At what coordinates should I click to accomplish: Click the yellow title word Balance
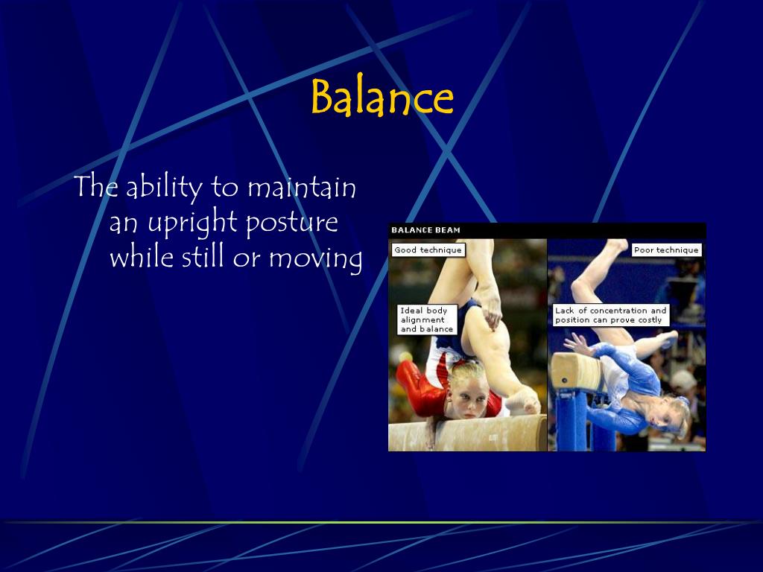click(382, 97)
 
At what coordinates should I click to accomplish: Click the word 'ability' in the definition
click(164, 187)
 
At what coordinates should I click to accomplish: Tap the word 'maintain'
click(302, 187)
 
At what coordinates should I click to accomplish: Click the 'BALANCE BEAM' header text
click(425, 230)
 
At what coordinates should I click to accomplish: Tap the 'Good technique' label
click(428, 250)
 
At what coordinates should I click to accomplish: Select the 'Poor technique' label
click(666, 250)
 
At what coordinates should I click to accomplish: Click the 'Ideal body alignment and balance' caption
click(427, 320)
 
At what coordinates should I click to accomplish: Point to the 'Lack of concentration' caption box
click(611, 315)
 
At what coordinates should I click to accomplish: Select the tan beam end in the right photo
click(574, 373)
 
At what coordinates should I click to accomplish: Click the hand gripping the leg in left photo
click(492, 314)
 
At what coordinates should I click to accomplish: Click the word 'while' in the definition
click(142, 256)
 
